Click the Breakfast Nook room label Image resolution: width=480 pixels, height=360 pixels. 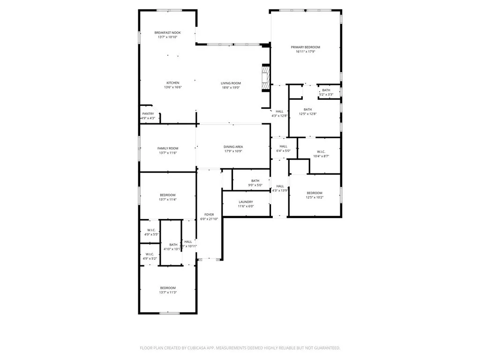click(168, 32)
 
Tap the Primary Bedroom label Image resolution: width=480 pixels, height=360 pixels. click(305, 47)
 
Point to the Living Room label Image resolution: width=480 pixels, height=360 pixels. click(231, 83)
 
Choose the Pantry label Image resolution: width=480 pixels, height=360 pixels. click(148, 113)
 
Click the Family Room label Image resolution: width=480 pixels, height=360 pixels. click(168, 148)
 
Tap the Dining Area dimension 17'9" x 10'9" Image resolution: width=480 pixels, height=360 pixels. click(233, 151)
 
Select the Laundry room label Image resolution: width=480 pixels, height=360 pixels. click(246, 202)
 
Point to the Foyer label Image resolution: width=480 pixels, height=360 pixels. click(209, 214)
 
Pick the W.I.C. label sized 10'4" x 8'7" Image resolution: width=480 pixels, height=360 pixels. click(321, 151)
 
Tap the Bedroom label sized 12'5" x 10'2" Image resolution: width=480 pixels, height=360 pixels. click(315, 193)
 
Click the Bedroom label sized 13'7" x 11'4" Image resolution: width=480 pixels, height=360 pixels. click(168, 195)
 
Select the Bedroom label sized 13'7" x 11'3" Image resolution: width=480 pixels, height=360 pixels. click(168, 287)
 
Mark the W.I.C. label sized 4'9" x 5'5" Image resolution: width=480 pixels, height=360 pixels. click(151, 230)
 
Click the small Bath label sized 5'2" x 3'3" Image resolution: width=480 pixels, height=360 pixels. click(326, 90)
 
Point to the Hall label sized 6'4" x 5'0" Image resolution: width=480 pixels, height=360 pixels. click(283, 146)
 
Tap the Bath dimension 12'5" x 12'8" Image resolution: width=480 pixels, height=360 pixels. click(307, 114)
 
